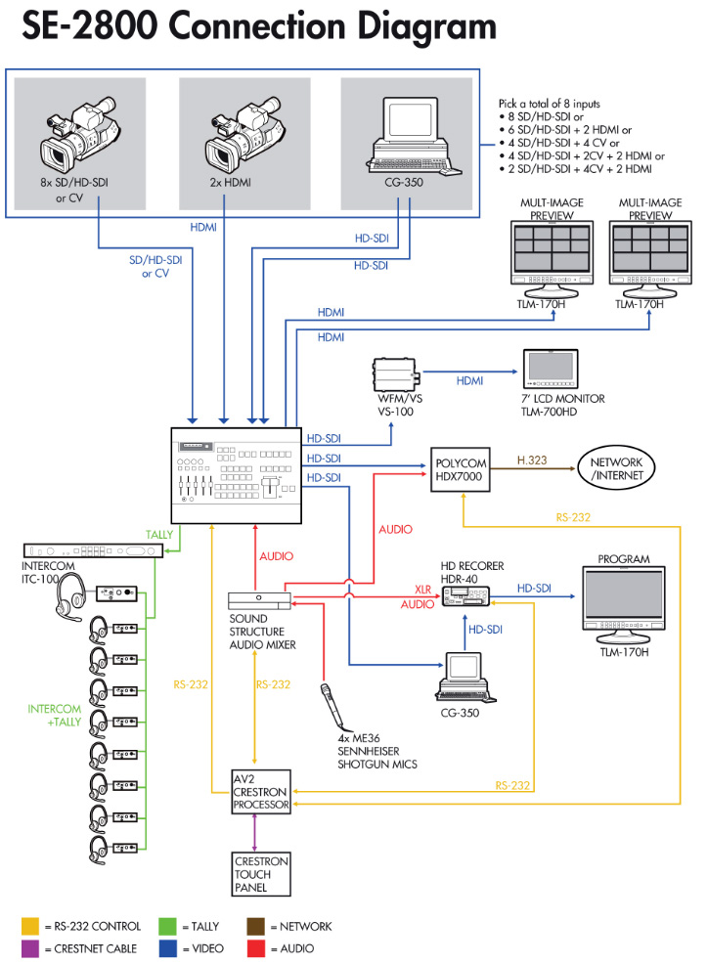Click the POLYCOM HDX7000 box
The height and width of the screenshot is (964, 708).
[x=461, y=469]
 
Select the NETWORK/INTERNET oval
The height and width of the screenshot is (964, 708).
[x=616, y=468]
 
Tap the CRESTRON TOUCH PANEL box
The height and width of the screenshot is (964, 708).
[x=261, y=874]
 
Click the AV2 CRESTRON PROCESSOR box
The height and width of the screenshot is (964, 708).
[x=261, y=792]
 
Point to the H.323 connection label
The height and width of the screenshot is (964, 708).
[x=532, y=460]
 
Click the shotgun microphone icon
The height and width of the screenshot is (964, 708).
[x=332, y=706]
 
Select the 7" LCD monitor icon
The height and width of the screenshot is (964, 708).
[x=551, y=369]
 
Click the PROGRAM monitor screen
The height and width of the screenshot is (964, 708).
[x=624, y=595]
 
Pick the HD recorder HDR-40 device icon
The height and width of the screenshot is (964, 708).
[x=465, y=595]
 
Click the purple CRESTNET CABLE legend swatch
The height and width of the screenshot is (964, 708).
[x=30, y=948]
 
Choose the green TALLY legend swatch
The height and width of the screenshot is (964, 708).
[x=167, y=926]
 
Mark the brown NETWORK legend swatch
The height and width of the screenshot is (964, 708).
[x=256, y=926]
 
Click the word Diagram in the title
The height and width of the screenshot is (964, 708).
[x=426, y=27]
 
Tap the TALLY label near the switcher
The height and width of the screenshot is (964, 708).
[x=159, y=534]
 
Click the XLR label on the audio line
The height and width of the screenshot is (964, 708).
[x=422, y=589]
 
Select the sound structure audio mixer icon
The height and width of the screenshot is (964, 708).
[x=259, y=600]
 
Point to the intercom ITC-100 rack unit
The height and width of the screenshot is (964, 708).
[x=93, y=550]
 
